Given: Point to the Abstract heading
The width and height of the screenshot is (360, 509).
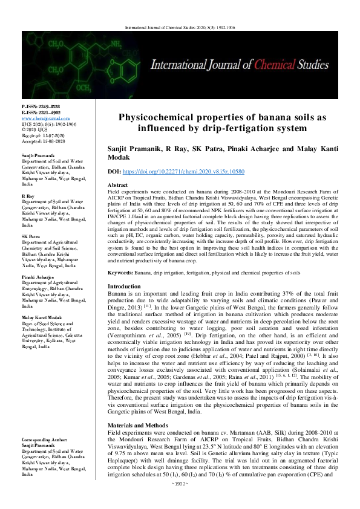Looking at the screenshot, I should [x=117, y=184].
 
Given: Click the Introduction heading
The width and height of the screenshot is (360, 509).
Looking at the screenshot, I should [x=123, y=286].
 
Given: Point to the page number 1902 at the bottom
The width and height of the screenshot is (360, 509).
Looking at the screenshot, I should [x=180, y=501].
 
